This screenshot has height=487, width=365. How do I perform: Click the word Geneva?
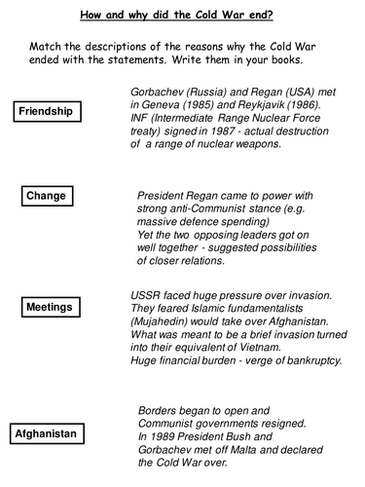point(159,102)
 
